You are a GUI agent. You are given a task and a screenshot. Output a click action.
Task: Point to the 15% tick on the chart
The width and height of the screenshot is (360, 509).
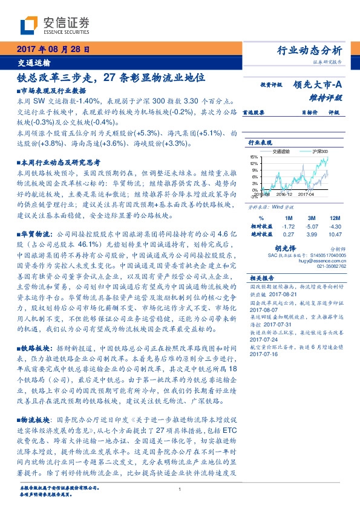tap(254, 157)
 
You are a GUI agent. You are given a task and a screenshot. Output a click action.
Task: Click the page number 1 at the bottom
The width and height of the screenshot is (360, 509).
tap(180, 490)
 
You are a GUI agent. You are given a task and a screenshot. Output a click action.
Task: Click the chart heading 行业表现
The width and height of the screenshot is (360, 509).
tap(259, 143)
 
